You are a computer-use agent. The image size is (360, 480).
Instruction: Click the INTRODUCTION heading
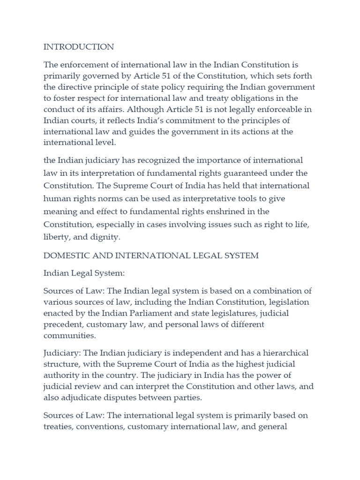pyautogui.click(x=78, y=47)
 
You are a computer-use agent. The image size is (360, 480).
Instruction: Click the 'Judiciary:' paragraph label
pyautogui.click(x=61, y=353)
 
